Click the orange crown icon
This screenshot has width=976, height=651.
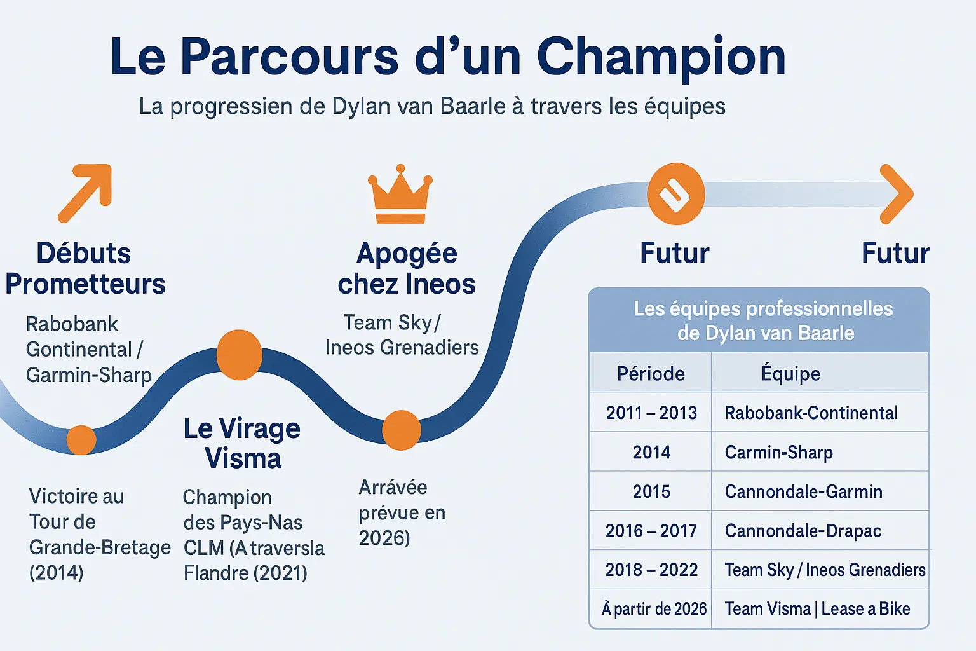[x=400, y=195]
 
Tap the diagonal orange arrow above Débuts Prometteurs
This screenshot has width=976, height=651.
[x=86, y=193]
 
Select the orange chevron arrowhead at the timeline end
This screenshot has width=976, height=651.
[x=897, y=194]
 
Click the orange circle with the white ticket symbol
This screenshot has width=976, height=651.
[x=676, y=194]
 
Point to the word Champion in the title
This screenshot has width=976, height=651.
[x=661, y=57]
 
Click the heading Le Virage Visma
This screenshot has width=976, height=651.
[x=242, y=442]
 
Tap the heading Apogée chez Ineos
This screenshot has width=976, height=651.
[x=407, y=268]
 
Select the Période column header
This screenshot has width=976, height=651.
[x=651, y=374]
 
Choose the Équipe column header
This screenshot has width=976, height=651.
[x=791, y=374]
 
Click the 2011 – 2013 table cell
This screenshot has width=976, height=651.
[x=651, y=413]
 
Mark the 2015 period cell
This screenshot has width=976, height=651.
[x=651, y=491]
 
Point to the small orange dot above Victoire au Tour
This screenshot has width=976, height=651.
[x=81, y=440]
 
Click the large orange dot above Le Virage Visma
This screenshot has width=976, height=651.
[x=239, y=355]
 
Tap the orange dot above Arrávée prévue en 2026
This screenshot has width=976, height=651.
[x=402, y=430]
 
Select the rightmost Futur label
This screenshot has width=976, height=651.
[x=896, y=253]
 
